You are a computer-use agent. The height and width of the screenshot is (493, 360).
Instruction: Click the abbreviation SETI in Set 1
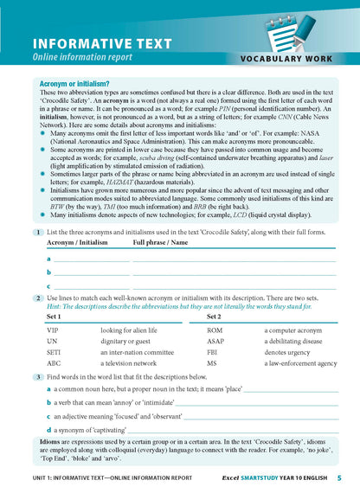[54, 353]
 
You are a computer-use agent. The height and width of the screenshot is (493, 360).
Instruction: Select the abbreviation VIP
[52, 330]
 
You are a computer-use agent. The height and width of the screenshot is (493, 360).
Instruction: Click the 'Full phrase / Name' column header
[160, 244]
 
